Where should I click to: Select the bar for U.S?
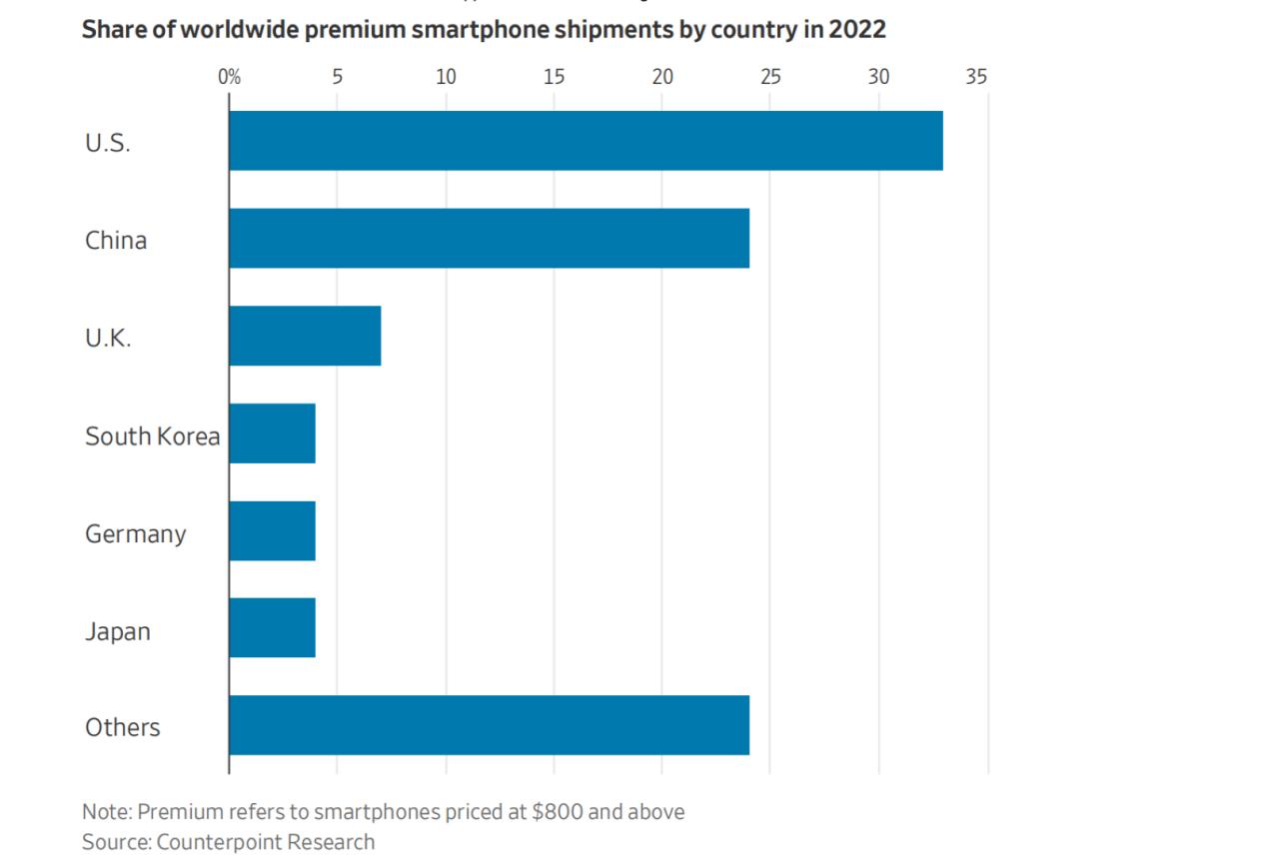coord(586,141)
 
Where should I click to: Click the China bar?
coord(489,239)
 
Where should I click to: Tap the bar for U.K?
coord(305,337)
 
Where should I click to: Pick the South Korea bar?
coord(272,434)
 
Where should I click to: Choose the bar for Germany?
coord(272,531)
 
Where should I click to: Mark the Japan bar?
coord(272,628)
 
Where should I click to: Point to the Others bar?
coord(489,726)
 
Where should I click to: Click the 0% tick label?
coord(229,77)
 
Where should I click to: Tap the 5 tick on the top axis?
coord(338,77)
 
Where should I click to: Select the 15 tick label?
coord(554,77)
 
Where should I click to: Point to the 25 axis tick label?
coord(770,77)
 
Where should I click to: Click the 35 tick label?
coord(976,77)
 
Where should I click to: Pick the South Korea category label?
coord(152,436)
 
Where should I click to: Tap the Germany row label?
coord(135,533)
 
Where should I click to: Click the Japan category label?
coord(118,631)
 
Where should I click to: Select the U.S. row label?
coord(108,143)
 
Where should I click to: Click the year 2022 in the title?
coord(856,29)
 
